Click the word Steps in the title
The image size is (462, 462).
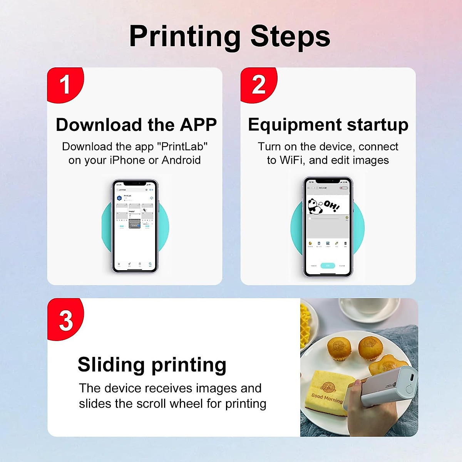click(x=290, y=37)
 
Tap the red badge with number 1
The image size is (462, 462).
click(x=65, y=84)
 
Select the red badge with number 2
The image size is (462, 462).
click(x=258, y=84)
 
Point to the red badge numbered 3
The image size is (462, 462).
click(x=65, y=320)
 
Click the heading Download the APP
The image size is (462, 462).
click(x=136, y=125)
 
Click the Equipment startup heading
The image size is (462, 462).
click(x=328, y=125)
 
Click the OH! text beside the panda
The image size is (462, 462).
click(x=331, y=206)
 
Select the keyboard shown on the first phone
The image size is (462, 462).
click(x=135, y=224)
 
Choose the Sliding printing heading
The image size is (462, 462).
click(x=152, y=364)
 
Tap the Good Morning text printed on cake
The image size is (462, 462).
click(x=326, y=398)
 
